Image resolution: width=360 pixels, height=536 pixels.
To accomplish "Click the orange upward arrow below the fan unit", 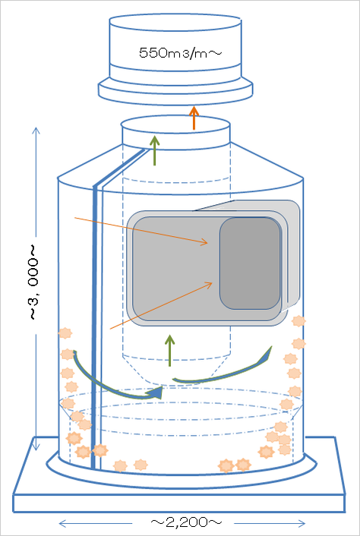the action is [x=194, y=118].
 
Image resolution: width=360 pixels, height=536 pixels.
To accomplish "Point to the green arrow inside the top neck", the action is [x=155, y=150].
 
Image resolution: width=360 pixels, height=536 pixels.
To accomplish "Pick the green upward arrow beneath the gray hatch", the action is [x=169, y=351].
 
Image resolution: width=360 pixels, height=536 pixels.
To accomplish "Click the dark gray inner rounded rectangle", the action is [x=250, y=263].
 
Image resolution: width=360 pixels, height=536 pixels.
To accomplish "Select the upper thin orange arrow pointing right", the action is [x=141, y=230].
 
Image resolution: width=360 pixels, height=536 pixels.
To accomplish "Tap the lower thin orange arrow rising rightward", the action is [x=162, y=305].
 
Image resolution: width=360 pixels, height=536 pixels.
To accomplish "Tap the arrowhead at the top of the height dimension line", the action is [x=36, y=131].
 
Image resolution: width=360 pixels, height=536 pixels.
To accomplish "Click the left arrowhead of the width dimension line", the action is [x=62, y=523].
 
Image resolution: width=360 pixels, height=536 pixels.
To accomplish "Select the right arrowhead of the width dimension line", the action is [x=302, y=523].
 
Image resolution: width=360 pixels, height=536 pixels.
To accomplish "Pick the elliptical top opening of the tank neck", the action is [x=175, y=125].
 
